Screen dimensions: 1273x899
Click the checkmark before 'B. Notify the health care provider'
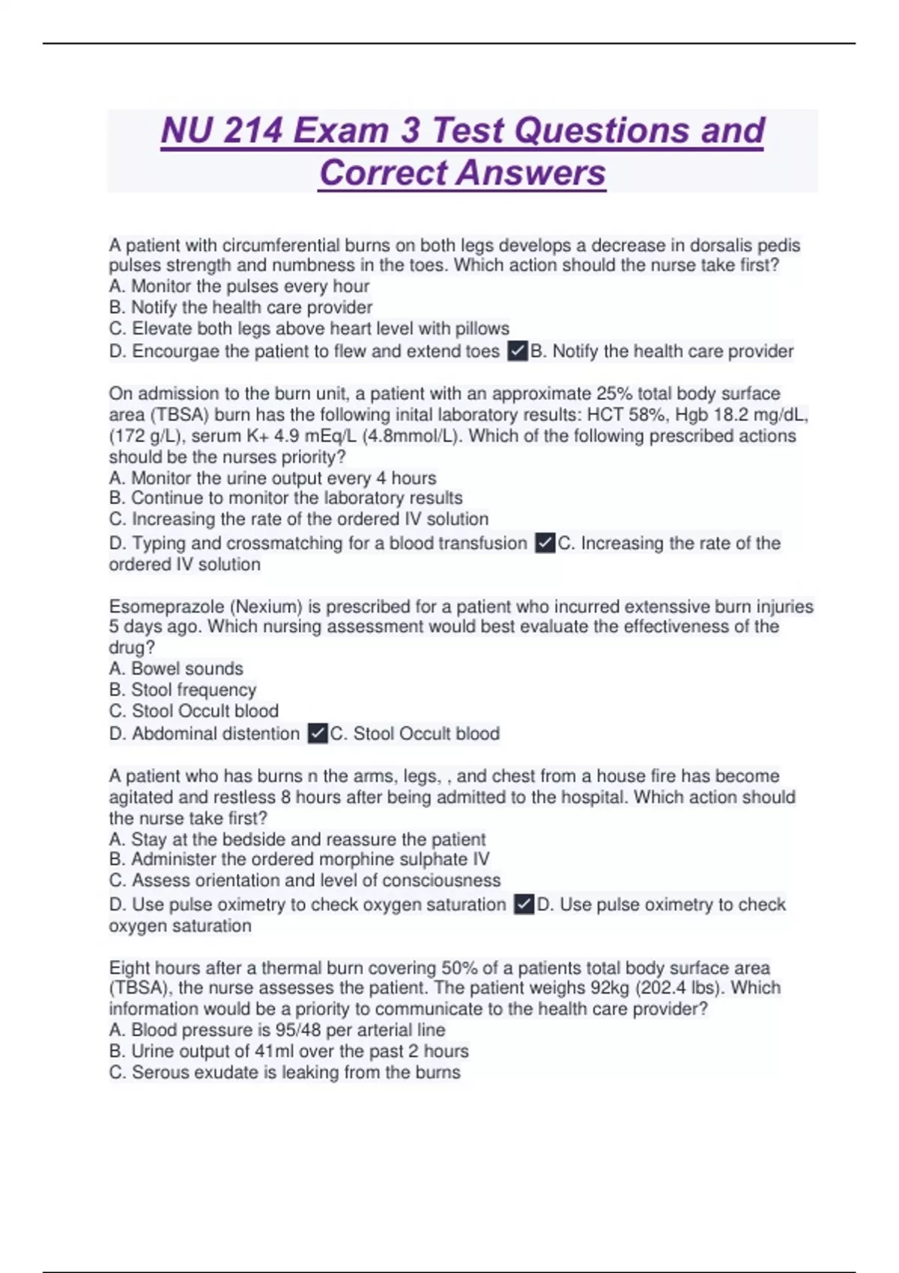click(x=518, y=350)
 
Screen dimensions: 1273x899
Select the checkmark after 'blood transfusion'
click(x=545, y=543)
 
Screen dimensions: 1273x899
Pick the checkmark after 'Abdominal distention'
click(x=318, y=733)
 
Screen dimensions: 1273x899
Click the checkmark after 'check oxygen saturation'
click(x=524, y=905)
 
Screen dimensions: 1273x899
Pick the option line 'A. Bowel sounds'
click(x=176, y=668)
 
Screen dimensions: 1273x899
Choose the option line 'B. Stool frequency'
click(x=183, y=689)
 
